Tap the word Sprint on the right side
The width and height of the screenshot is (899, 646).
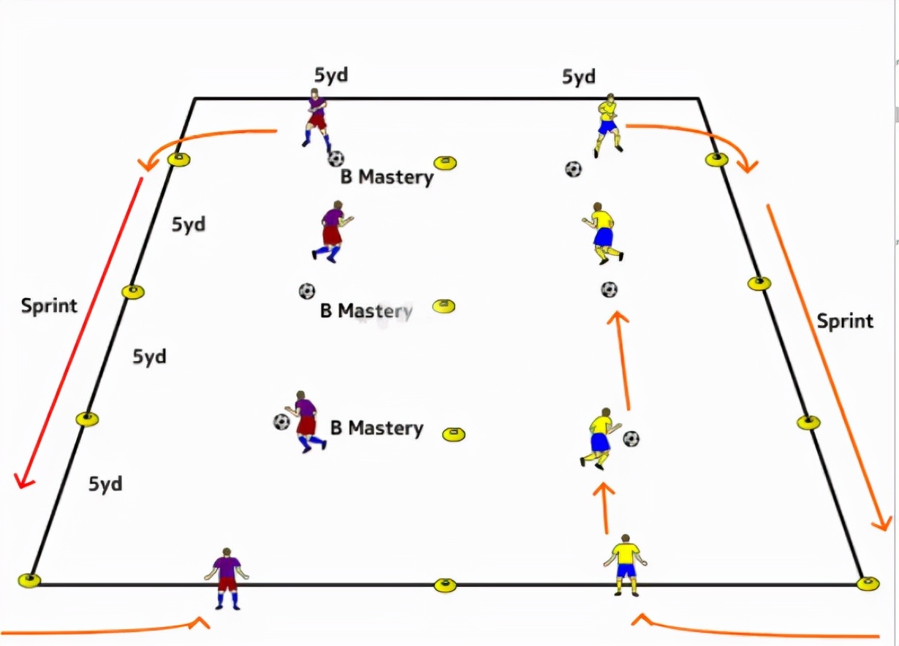[x=845, y=321]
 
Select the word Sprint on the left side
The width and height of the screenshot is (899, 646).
[x=49, y=305]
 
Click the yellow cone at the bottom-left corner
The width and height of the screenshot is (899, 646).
[x=29, y=581]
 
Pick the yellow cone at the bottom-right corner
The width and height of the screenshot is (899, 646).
[x=868, y=582]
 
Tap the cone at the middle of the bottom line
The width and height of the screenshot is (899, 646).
[x=444, y=585]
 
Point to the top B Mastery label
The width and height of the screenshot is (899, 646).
[x=387, y=177]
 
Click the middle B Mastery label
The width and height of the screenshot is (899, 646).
[x=366, y=311]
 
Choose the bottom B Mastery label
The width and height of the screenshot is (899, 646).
[x=376, y=427]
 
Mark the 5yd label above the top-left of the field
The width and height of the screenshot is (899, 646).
[x=330, y=76]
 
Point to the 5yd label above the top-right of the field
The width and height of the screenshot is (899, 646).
[x=578, y=76]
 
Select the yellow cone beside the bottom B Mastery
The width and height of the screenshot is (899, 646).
[x=453, y=435]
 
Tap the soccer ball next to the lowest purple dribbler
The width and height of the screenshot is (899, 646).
[x=281, y=422]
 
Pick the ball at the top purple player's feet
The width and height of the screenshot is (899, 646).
[x=335, y=159]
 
